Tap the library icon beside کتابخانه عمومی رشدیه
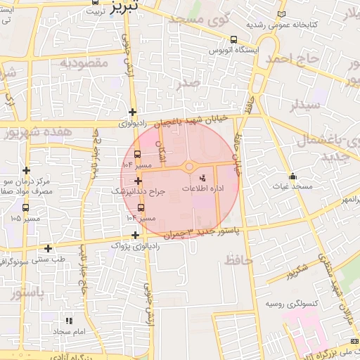[x=282, y=13]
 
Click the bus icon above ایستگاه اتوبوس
[x=233, y=40]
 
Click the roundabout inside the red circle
[x=188, y=167]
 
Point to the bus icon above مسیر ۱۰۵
[x=26, y=208]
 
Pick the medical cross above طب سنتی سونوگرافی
[x=48, y=247]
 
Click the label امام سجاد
[x=69, y=331]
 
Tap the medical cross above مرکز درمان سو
[x=26, y=170]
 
